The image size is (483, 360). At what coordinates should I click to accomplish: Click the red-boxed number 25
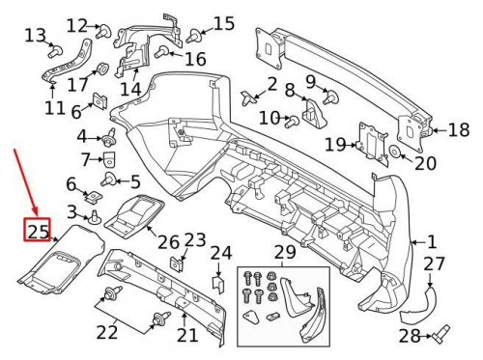tap(38, 231)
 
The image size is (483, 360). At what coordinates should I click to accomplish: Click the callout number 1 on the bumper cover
tap(432, 242)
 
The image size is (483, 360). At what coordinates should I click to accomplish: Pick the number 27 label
tap(435, 264)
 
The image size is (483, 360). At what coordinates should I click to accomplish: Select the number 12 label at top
tap(76, 25)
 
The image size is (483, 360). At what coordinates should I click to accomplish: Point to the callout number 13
tap(35, 36)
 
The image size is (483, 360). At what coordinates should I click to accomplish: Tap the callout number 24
tap(221, 254)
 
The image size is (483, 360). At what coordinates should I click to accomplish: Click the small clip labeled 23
tap(178, 262)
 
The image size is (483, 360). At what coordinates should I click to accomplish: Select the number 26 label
tap(168, 241)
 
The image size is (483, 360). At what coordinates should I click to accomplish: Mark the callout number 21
tap(186, 335)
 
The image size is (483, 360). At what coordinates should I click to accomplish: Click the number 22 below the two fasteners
tap(105, 332)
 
